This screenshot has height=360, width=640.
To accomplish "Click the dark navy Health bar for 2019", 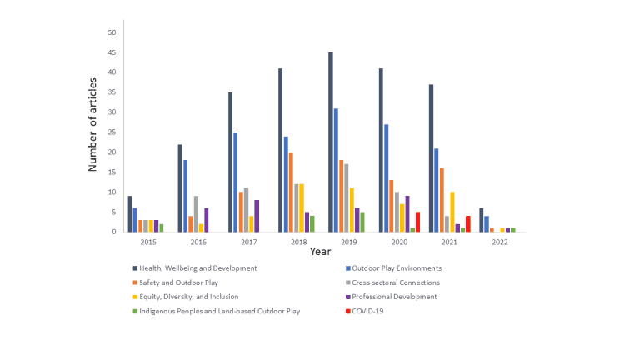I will [x=331, y=142].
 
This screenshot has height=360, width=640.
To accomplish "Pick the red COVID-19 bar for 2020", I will [x=417, y=222].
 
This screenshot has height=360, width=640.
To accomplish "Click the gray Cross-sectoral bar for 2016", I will [x=197, y=213].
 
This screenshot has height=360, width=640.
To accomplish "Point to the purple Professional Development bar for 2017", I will [x=257, y=216].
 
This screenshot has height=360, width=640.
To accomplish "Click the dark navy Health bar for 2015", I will [x=130, y=213].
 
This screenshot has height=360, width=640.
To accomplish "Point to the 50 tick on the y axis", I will [x=111, y=32].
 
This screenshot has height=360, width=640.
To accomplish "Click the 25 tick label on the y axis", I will [x=111, y=132].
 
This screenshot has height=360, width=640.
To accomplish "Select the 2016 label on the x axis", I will [x=197, y=242].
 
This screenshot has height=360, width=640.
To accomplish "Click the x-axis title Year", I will [x=321, y=251].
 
